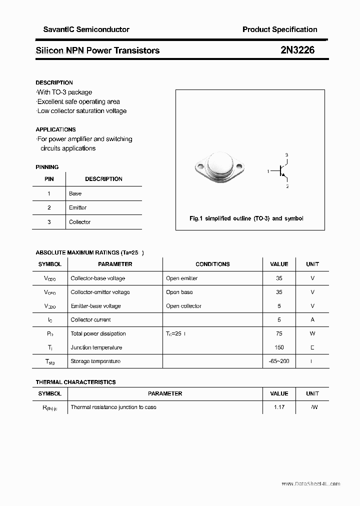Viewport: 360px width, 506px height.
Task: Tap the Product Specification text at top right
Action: click(279, 29)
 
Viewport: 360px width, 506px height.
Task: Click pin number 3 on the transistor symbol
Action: click(286, 155)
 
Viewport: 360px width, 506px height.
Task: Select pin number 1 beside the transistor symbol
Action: click(268, 171)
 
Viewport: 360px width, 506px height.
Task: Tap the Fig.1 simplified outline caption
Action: click(246, 218)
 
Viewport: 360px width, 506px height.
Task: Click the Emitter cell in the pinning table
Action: click(78, 207)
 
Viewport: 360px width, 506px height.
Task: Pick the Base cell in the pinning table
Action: click(75, 193)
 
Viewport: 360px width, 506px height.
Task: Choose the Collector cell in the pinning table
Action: click(80, 222)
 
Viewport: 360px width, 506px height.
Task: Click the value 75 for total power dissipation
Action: click(279, 333)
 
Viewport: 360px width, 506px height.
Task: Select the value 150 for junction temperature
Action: click(279, 347)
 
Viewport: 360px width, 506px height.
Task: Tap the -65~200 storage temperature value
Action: click(279, 361)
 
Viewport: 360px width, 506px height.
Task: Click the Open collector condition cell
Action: click(183, 306)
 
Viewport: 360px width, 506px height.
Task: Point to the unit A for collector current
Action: click(312, 319)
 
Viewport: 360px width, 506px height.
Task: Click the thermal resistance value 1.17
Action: click(279, 407)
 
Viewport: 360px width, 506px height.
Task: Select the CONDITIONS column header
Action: click(212, 264)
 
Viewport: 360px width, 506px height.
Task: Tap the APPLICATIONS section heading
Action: click(55, 129)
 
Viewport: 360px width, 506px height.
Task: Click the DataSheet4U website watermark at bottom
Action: click(310, 484)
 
